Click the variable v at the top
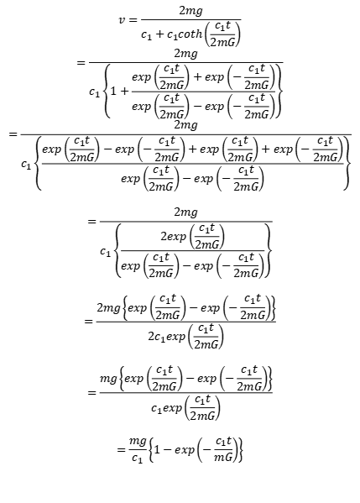pos(123,20)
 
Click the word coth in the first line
pos(190,34)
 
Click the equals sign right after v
pos(133,20)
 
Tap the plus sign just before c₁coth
pos(159,34)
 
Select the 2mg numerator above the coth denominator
pos(190,11)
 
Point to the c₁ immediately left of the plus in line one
pos(147,35)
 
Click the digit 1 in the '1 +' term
pos(113,91)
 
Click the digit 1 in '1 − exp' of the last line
pos(157,449)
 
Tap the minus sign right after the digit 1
pos(167,449)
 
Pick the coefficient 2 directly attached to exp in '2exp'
pos(164,237)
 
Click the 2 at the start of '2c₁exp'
pos(151,337)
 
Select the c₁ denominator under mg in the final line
pos(137,458)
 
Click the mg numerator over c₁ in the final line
pos(138,441)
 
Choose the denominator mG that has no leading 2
pos(223,457)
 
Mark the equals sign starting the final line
pos(121,450)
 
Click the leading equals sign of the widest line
pos(13,134)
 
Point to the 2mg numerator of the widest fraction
pos(185,125)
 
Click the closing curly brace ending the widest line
pos(347,163)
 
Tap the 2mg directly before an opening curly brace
pos(109,308)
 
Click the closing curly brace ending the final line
pos(240,449)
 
